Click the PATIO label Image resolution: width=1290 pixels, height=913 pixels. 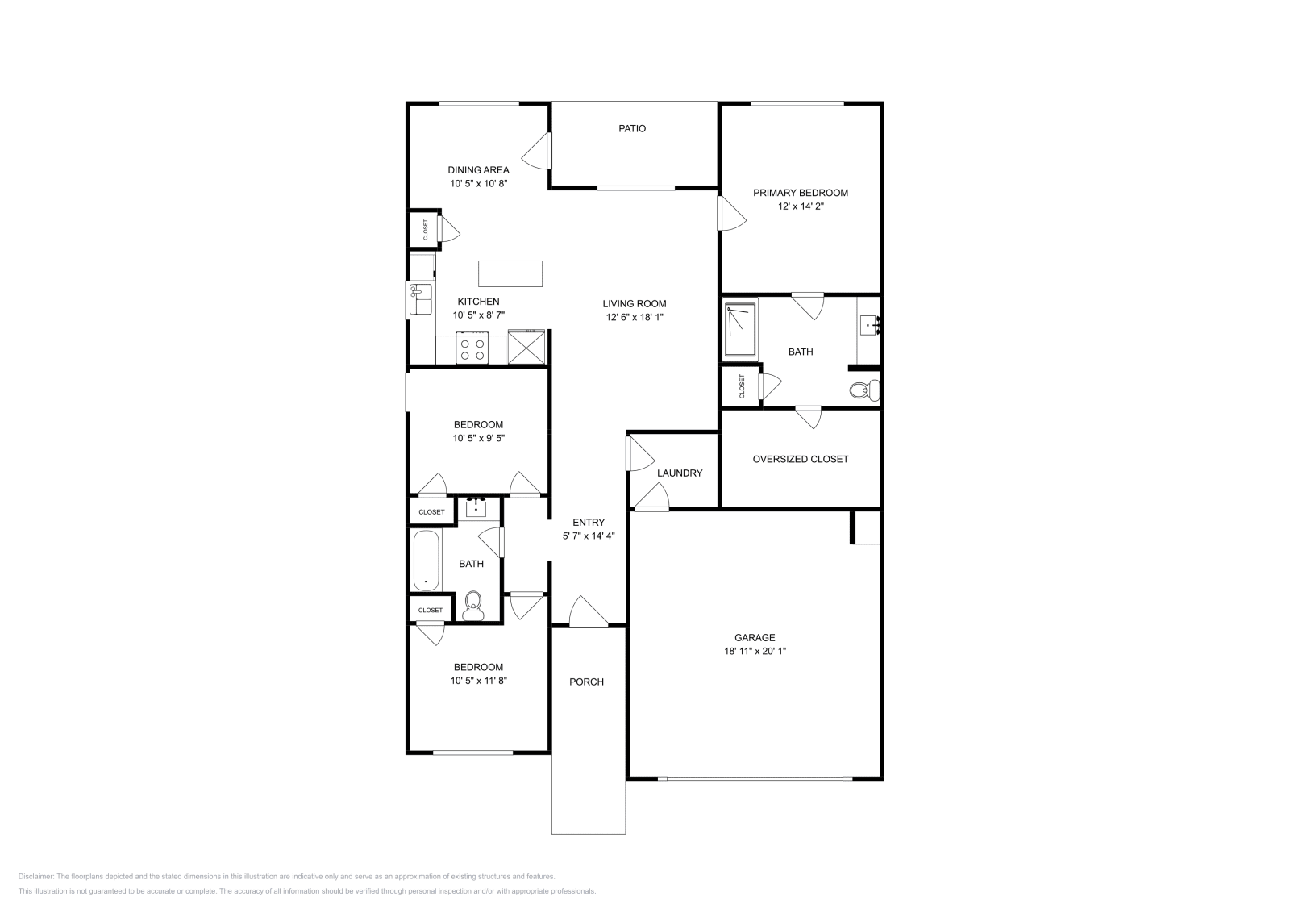pyautogui.click(x=632, y=128)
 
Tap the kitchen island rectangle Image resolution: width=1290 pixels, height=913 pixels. pyautogui.click(x=510, y=273)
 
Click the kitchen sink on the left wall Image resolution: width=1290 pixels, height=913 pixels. pyautogui.click(x=420, y=299)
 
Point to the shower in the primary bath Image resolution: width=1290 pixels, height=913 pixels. pyautogui.click(x=741, y=329)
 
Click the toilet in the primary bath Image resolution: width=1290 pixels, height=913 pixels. pyautogui.click(x=863, y=391)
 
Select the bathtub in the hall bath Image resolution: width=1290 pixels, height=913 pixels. pyautogui.click(x=426, y=561)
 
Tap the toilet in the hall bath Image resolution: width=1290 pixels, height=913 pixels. pyautogui.click(x=473, y=604)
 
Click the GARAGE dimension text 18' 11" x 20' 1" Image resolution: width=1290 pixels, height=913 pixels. pyautogui.click(x=755, y=651)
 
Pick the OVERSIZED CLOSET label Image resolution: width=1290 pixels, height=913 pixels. pyautogui.click(x=800, y=459)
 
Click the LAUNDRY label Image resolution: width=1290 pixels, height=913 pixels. pyautogui.click(x=680, y=473)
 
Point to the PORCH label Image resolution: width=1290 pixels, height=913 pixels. pyautogui.click(x=586, y=682)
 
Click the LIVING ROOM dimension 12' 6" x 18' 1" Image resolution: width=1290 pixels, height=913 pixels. pyautogui.click(x=635, y=318)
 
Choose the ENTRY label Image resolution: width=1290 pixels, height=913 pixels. pyautogui.click(x=589, y=522)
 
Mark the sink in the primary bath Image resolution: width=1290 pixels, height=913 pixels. pyautogui.click(x=869, y=326)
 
